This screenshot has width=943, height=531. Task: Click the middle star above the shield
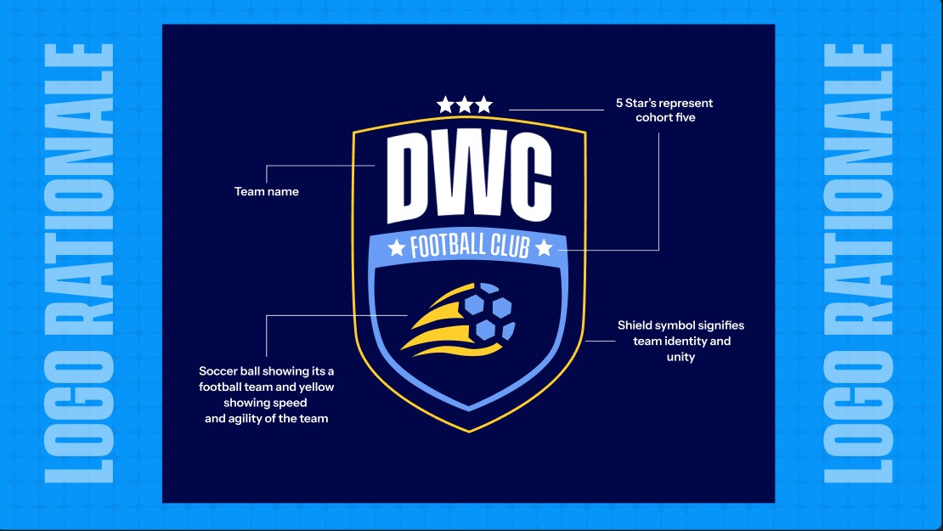click(x=465, y=105)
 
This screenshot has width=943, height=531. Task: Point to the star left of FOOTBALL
click(x=397, y=247)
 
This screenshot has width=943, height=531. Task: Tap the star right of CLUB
click(x=544, y=247)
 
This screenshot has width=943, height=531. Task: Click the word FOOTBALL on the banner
click(x=448, y=246)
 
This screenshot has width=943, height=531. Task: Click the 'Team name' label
click(x=267, y=191)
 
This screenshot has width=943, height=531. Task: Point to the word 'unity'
click(x=680, y=357)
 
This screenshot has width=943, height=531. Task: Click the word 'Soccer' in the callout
click(x=217, y=371)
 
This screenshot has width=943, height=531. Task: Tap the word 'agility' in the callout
click(x=244, y=419)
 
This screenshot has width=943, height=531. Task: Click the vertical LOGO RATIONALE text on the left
click(x=79, y=263)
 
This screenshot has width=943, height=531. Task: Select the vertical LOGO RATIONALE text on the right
click(x=858, y=263)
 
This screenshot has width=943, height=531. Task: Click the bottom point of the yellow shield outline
click(x=469, y=432)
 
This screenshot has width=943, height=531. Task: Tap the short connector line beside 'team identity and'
click(x=600, y=341)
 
